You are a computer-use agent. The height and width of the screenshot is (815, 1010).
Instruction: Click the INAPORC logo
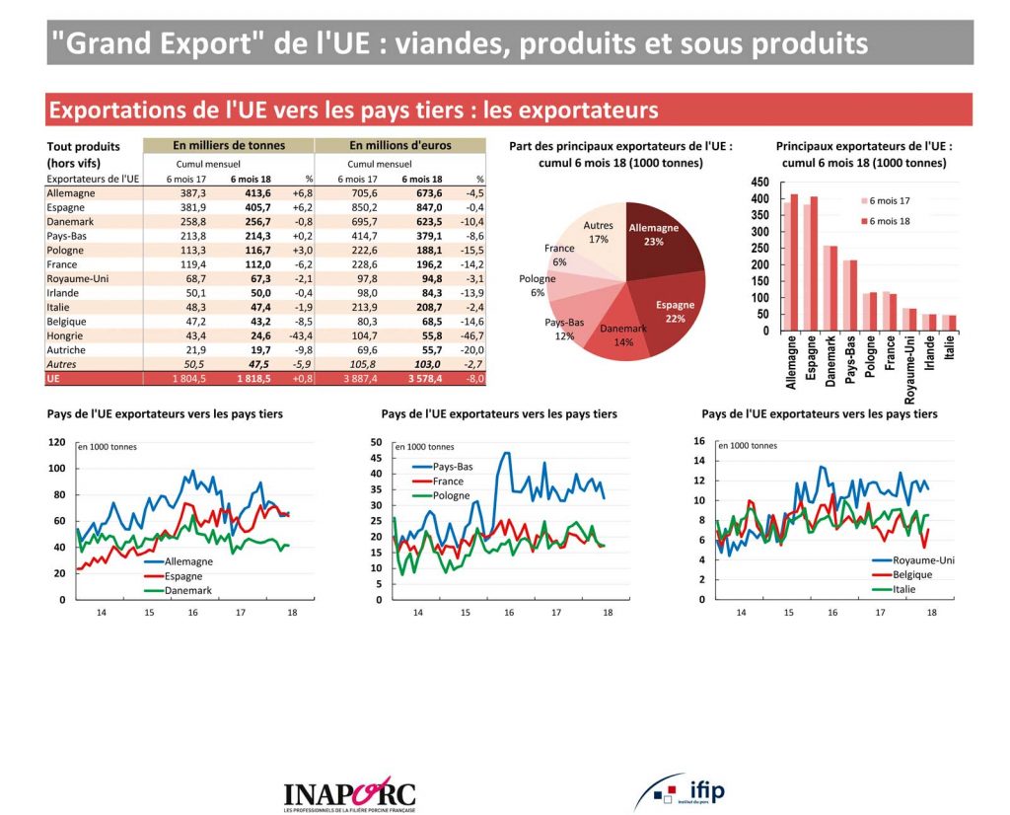(349, 792)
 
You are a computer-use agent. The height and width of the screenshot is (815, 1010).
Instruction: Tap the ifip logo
(681, 790)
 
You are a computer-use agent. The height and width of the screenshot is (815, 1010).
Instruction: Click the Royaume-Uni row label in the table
(73, 279)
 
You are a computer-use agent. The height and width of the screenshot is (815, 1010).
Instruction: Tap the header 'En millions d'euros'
(400, 145)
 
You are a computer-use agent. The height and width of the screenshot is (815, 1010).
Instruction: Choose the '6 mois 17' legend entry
(891, 200)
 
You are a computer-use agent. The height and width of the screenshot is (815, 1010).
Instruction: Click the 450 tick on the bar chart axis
(759, 183)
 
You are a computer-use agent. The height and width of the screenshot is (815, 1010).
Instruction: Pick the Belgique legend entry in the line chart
(910, 574)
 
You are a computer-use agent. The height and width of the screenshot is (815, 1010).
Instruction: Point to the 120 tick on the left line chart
(58, 442)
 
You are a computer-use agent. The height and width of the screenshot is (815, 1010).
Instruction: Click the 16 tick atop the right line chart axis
(699, 441)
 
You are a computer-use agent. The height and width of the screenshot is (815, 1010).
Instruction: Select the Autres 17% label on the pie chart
(598, 231)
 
